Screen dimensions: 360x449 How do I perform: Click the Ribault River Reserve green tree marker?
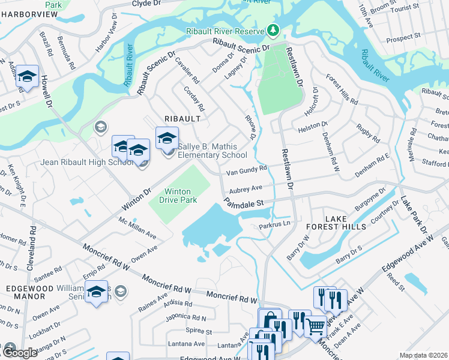pyautogui.click(x=274, y=29)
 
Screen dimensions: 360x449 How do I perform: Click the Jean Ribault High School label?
pyautogui.click(x=78, y=162)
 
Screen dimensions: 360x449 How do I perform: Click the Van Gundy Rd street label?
pyautogui.click(x=246, y=173)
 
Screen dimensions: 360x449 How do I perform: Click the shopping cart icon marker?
pyautogui.click(x=316, y=326)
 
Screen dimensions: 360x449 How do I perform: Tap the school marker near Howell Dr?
pyautogui.click(x=27, y=77)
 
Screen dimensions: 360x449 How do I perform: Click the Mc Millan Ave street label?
pyautogui.click(x=137, y=229)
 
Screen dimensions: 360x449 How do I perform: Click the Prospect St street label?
pyautogui.click(x=403, y=37)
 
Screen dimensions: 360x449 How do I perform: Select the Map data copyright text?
pyautogui.click(x=423, y=355)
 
